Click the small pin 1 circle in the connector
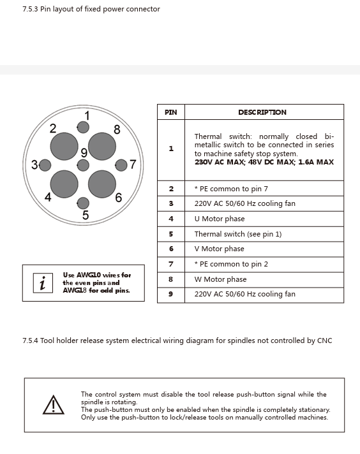[x=83, y=127]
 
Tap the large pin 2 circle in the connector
[x=64, y=146]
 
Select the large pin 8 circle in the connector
[x=102, y=146]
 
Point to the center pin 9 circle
[x=83, y=165]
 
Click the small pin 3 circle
[x=45, y=165]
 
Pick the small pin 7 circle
[x=121, y=165]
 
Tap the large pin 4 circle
[x=64, y=184]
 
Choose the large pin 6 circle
[x=102, y=184]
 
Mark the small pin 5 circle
[x=83, y=203]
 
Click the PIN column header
[x=171, y=112]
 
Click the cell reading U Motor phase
[x=264, y=219]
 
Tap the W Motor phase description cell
[x=264, y=279]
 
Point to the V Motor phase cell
[x=264, y=249]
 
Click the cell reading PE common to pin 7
[x=264, y=189]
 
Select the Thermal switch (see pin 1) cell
[x=264, y=234]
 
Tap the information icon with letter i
[x=43, y=283]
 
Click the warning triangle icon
[x=54, y=404]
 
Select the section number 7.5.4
[x=30, y=340]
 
